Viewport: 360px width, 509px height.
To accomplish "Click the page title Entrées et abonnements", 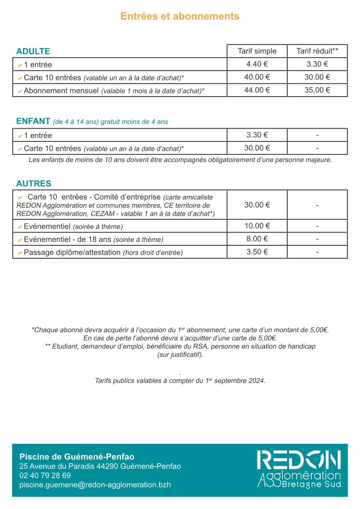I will point(180,16).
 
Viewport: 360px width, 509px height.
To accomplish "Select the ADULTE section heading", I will point(33,51).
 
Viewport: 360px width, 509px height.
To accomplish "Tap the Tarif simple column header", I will point(257,51).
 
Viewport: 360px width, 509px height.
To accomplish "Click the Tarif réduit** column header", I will point(317,51).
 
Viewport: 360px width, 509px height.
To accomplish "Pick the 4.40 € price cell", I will point(257,65).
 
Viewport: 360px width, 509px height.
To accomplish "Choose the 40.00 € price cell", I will point(257,77).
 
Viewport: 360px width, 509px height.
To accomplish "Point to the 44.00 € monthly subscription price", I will point(257,90).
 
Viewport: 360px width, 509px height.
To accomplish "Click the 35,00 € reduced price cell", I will point(317,90).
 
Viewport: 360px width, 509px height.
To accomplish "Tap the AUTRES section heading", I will point(33,184).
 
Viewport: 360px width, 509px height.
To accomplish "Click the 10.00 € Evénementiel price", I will point(257,226).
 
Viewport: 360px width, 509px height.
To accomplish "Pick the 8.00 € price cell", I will point(257,239).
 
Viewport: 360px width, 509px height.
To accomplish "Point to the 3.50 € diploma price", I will point(257,252).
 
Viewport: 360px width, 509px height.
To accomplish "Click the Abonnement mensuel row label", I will point(62,91).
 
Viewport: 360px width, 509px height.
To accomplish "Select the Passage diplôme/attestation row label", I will point(72,253).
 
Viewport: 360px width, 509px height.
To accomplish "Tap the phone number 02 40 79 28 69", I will point(45,476).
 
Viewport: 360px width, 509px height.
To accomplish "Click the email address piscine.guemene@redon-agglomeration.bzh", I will point(95,485).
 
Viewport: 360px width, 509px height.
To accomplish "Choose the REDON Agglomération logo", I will point(299,469).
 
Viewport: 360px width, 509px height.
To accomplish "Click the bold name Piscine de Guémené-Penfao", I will point(77,457).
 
